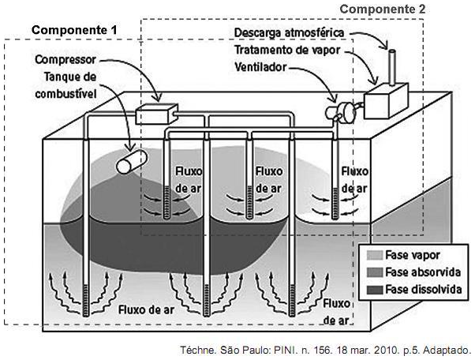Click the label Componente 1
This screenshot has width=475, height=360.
(74, 29)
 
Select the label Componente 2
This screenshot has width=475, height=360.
(384, 9)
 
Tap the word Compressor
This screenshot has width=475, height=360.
(65, 60)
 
